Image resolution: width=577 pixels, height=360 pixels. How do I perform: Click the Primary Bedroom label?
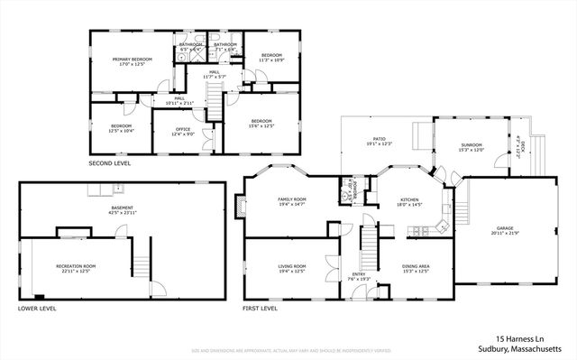tap(132, 60)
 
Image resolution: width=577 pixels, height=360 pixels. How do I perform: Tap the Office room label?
tap(183, 129)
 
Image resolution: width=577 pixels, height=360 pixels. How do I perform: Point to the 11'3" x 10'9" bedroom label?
tap(271, 55)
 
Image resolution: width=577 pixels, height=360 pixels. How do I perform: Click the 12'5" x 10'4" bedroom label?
tap(122, 125)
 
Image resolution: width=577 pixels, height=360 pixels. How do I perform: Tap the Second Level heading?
tap(109, 163)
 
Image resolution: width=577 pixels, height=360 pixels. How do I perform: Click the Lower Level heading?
tap(36, 308)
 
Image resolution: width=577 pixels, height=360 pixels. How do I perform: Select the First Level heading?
tap(260, 308)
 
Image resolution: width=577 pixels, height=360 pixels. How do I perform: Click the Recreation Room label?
tap(76, 267)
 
